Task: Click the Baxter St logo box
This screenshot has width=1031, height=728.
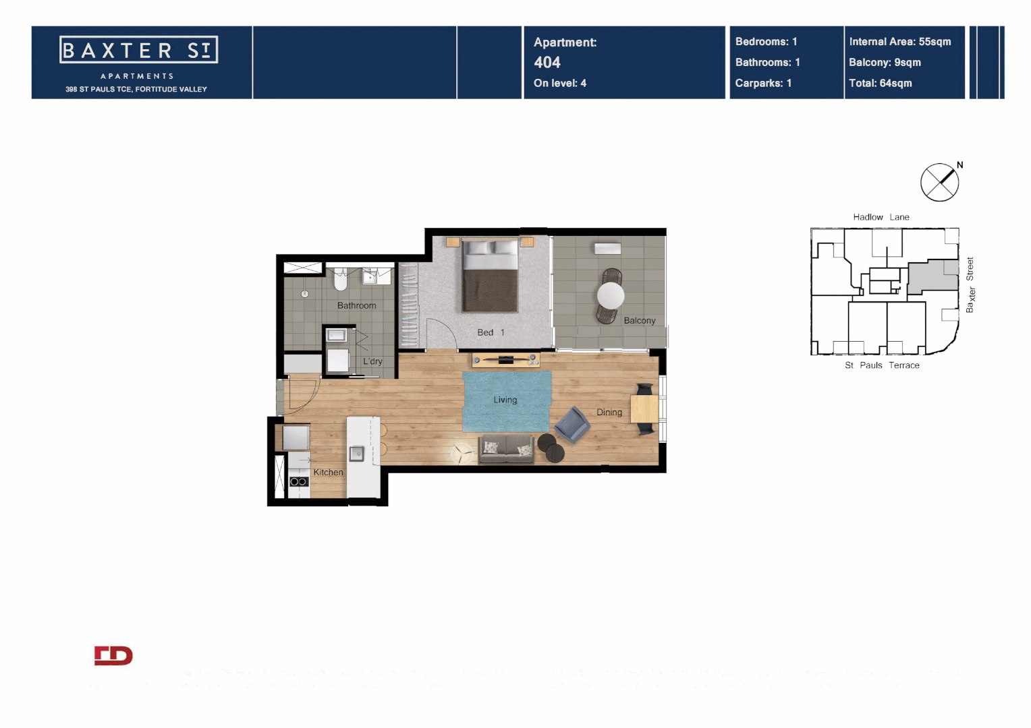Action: [138, 50]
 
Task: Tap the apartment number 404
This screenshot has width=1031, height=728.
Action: [547, 63]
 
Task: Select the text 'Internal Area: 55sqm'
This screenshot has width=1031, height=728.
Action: [899, 42]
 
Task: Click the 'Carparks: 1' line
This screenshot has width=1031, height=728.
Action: [763, 84]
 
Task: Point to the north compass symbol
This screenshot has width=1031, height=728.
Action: [939, 182]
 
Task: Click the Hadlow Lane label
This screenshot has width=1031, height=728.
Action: [881, 217]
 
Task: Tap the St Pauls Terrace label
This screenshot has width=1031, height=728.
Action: [882, 365]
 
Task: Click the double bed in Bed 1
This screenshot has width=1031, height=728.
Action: [490, 276]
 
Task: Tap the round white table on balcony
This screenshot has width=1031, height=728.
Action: [611, 295]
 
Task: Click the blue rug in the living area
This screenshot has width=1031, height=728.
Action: [506, 401]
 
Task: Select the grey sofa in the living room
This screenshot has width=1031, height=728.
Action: [506, 448]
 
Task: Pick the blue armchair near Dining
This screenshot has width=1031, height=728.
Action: [572, 425]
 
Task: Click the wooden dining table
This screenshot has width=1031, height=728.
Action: [644, 408]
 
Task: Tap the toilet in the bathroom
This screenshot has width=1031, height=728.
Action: [341, 279]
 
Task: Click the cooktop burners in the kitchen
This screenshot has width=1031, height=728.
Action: [298, 481]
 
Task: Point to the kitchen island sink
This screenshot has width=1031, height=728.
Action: [356, 454]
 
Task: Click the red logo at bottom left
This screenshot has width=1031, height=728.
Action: [113, 656]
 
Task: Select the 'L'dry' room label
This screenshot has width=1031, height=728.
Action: [372, 361]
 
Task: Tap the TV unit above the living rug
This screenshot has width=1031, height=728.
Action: [505, 360]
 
